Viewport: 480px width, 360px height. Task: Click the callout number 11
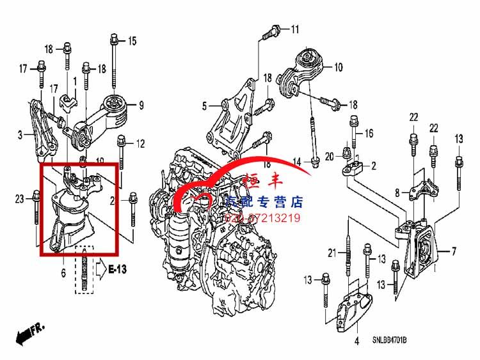coord(294,29)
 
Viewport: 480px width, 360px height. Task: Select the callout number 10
coord(338,66)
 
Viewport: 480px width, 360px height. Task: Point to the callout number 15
coord(132,42)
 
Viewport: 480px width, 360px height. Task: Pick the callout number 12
coord(140,143)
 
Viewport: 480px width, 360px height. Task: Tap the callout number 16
coord(369,133)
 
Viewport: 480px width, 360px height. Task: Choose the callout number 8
coord(397,192)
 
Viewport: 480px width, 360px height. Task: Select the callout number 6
coord(63,273)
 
